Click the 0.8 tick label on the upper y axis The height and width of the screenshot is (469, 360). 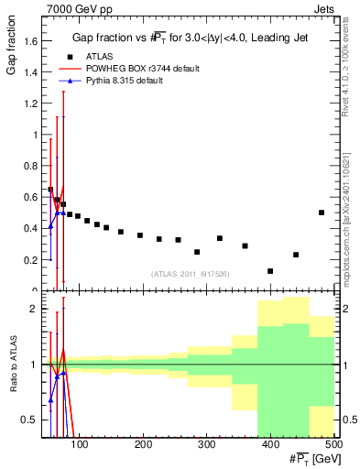pyautogui.click(x=30, y=166)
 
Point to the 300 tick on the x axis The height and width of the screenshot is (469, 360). pyautogui.click(x=206, y=446)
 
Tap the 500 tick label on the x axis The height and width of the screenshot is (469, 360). pyautogui.click(x=333, y=446)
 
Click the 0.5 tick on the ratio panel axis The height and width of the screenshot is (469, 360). pyautogui.click(x=30, y=420)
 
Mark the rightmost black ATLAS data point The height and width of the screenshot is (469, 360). pyautogui.click(x=322, y=213)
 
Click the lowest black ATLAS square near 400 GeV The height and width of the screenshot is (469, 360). pyautogui.click(x=270, y=271)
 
